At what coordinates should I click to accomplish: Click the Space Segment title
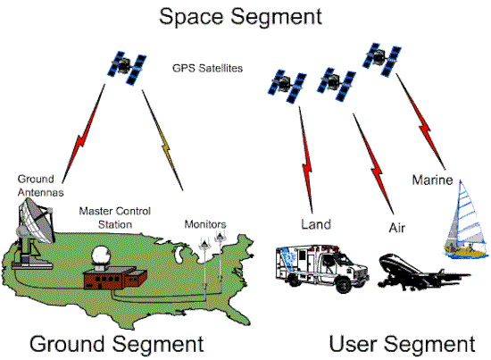pyautogui.click(x=240, y=17)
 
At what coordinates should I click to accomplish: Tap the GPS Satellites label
pyautogui.click(x=208, y=68)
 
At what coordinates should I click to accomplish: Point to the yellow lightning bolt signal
pyautogui.click(x=162, y=140)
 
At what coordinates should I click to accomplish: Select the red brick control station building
pyautogui.click(x=115, y=278)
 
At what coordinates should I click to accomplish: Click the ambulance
pyautogui.click(x=322, y=269)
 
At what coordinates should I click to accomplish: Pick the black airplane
pyautogui.click(x=423, y=272)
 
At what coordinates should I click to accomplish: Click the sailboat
pyautogui.click(x=466, y=220)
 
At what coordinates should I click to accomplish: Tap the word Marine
pyautogui.click(x=432, y=180)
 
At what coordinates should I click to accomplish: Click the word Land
pyautogui.click(x=316, y=224)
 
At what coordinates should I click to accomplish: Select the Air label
pyautogui.click(x=397, y=228)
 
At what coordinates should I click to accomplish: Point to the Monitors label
pyautogui.click(x=205, y=224)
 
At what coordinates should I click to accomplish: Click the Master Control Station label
pyautogui.click(x=115, y=218)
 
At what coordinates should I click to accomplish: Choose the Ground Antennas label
pyautogui.click(x=40, y=186)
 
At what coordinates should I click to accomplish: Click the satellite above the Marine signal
pyautogui.click(x=382, y=60)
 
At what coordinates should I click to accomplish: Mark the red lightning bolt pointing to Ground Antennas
pyautogui.click(x=83, y=134)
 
